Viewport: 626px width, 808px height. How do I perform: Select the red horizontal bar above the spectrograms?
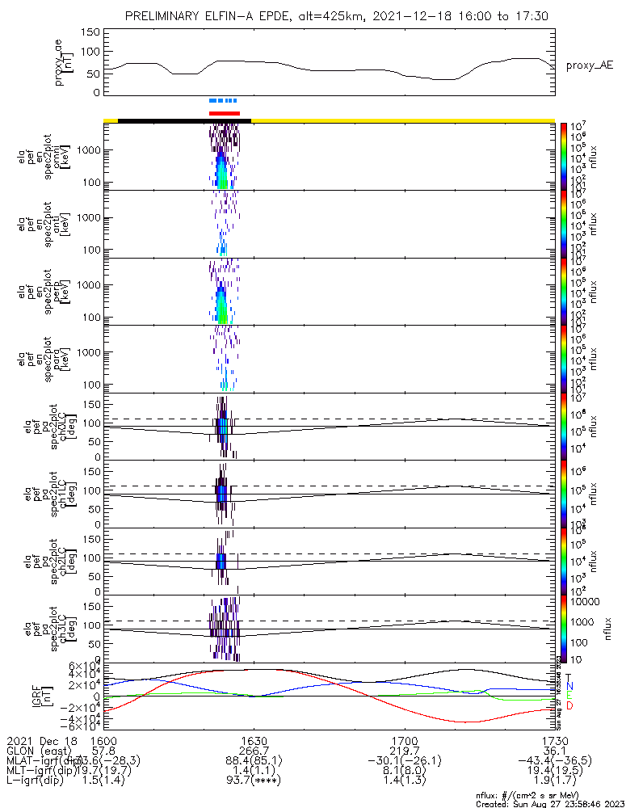(x=225, y=113)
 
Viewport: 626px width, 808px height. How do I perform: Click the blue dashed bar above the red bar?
(x=223, y=101)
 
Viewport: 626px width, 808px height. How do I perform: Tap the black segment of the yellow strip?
(x=184, y=120)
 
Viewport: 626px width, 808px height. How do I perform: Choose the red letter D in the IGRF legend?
(x=569, y=705)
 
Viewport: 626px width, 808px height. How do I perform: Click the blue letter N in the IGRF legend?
(x=569, y=686)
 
